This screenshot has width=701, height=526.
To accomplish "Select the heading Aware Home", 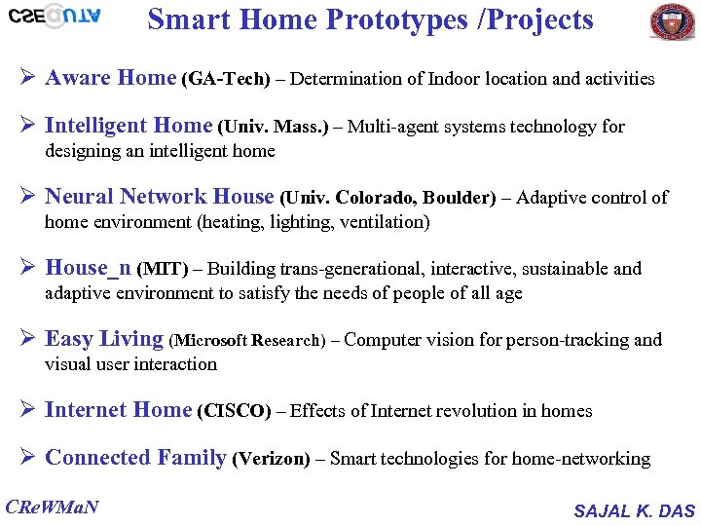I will (110, 78).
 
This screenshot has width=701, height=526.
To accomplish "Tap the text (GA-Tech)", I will (225, 80).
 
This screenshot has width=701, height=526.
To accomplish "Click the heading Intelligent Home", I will (129, 126).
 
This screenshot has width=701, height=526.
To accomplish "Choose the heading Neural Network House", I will (160, 197).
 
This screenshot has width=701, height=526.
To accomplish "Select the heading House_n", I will (89, 268).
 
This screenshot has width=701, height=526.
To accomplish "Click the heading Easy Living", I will (104, 339).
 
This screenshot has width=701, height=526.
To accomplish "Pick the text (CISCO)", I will (234, 411).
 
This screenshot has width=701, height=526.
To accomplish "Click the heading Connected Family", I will (135, 458).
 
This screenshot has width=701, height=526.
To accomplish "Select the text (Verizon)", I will (272, 459).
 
